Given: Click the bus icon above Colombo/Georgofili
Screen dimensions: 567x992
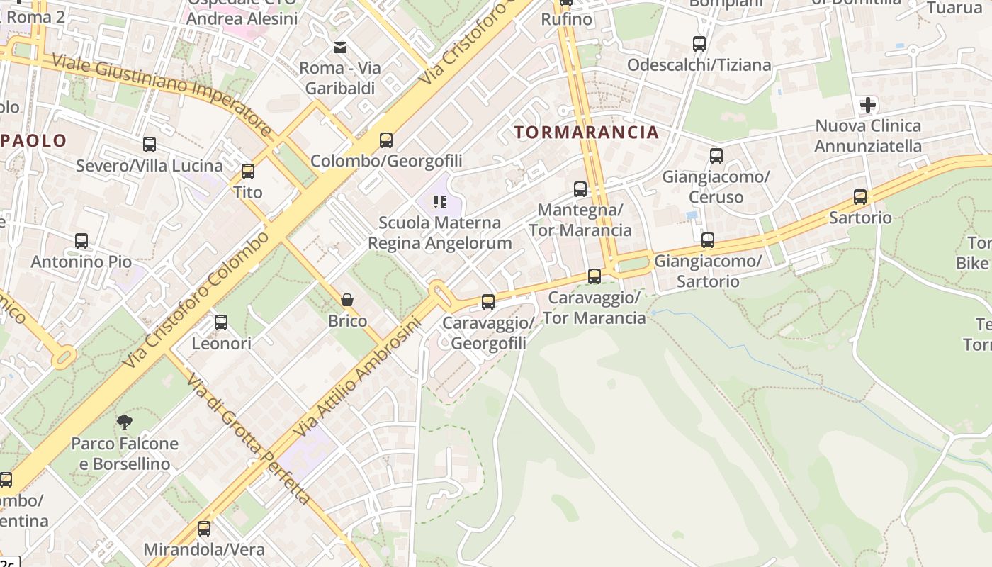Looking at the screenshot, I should (x=386, y=140).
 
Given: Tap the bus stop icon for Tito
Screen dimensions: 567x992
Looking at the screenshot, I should (x=248, y=172).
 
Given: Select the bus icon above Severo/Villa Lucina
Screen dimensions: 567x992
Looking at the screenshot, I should (x=150, y=145).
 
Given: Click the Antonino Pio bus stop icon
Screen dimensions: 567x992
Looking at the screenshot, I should (x=81, y=241).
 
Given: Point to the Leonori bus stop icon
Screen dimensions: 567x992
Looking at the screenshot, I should (x=221, y=322).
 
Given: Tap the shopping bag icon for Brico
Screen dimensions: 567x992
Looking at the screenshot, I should (x=347, y=300).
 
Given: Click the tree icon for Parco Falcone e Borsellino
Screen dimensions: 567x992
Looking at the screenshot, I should (x=125, y=422).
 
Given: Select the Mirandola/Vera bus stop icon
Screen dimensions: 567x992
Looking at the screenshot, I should (x=204, y=528).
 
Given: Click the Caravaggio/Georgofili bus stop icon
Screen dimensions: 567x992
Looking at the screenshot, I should (x=488, y=302).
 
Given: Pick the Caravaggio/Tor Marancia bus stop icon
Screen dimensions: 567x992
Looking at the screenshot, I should (x=594, y=276).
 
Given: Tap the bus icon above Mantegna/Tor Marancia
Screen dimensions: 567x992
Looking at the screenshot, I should (x=580, y=189).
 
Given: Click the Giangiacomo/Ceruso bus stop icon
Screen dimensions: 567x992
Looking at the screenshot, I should (x=716, y=156).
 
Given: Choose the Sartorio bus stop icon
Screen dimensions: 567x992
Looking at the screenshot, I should (x=860, y=197).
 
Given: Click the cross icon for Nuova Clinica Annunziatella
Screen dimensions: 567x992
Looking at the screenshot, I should (x=868, y=106).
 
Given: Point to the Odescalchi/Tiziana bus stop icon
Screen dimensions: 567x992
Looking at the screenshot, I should (x=699, y=44).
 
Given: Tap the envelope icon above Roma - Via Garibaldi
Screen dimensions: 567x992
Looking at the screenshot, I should (x=340, y=47).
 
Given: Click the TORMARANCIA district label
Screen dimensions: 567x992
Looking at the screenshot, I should (x=587, y=133).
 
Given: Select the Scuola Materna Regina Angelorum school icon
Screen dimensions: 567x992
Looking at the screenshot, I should (x=440, y=202).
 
